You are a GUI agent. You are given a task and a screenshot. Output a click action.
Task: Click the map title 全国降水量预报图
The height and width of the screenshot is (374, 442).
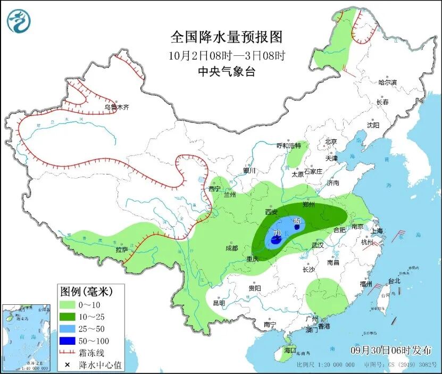pyautogui.click(x=226, y=37)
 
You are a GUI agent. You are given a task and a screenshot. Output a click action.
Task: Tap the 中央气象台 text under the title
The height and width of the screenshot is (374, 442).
pyautogui.click(x=226, y=72)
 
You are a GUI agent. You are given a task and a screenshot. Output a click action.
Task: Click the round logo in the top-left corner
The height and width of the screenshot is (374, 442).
pyautogui.click(x=19, y=21)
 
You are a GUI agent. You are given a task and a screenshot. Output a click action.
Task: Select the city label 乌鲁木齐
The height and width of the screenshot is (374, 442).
pyautogui.click(x=116, y=107)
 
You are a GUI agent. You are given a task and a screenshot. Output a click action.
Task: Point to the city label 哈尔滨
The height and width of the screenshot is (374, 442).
pyautogui.click(x=388, y=82)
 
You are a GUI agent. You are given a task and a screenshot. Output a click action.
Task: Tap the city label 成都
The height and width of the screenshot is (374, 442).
pyautogui.click(x=231, y=248)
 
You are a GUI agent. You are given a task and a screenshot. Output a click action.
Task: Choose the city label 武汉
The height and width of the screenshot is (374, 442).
pyautogui.click(x=318, y=246)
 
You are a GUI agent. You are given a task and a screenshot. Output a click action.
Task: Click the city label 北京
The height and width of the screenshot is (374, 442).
pyautogui.click(x=331, y=142)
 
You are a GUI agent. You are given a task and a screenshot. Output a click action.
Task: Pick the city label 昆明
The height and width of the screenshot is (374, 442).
pyautogui.click(x=219, y=303)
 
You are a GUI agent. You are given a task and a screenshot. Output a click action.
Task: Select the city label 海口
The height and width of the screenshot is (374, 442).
pyautogui.click(x=289, y=351)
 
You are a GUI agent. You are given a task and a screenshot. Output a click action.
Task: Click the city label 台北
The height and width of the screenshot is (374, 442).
pyautogui.click(x=394, y=281)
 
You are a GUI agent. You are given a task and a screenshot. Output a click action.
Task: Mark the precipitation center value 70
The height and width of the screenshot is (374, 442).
pyautogui.click(x=277, y=233)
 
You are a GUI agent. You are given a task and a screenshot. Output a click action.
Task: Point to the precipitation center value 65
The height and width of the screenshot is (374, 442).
pyautogui.click(x=297, y=221)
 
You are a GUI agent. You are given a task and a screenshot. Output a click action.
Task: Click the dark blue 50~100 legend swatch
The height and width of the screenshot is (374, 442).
pyautogui.click(x=67, y=340)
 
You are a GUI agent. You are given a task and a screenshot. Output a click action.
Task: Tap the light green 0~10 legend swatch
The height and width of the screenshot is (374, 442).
pyautogui.click(x=67, y=305)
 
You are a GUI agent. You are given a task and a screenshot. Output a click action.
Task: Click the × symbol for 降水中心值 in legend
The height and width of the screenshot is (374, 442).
pyautogui.click(x=67, y=365)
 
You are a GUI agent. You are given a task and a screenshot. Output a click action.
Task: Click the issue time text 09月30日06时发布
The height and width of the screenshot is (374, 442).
pyautogui.click(x=391, y=350)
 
